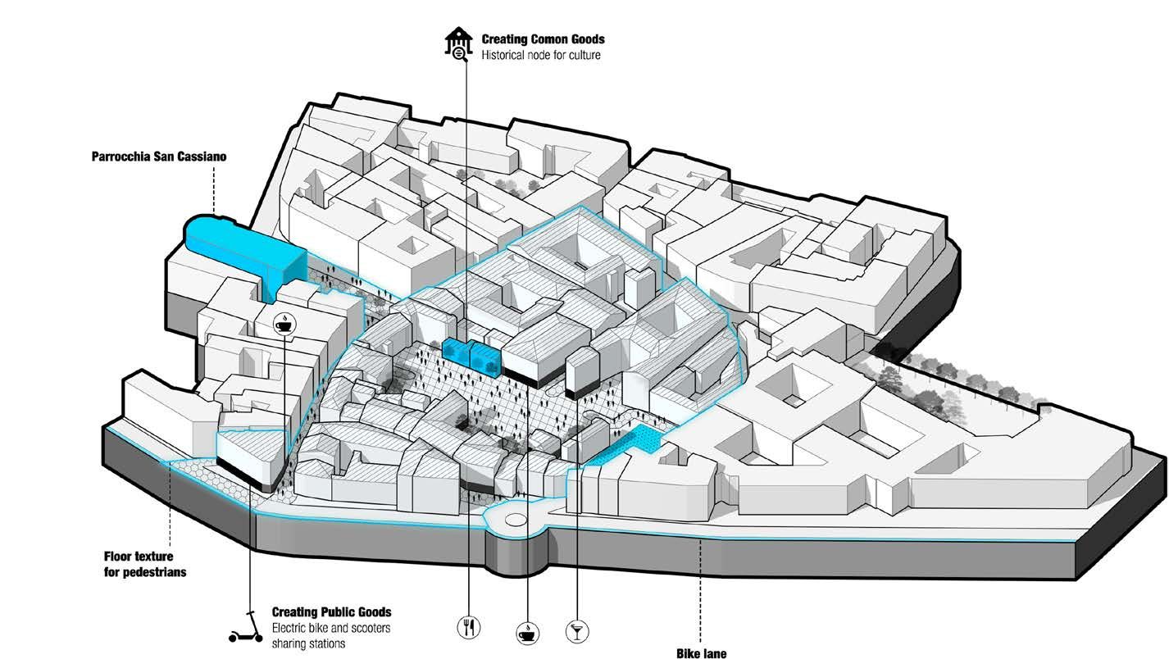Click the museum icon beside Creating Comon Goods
[x=458, y=43]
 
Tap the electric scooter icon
[x=246, y=627]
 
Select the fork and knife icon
[x=469, y=627]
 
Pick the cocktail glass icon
[x=577, y=632]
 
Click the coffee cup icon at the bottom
[x=528, y=634]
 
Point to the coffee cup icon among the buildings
[x=285, y=324]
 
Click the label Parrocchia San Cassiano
[x=159, y=157]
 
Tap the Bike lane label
[x=702, y=653]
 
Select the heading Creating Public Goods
[x=331, y=612]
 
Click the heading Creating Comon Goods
[x=544, y=39]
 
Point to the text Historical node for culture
[x=541, y=55]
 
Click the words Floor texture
[x=139, y=557]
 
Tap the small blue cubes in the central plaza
[x=471, y=357]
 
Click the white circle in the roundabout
[x=516, y=519]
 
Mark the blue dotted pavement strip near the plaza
[x=622, y=444]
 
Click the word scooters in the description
[x=370, y=628]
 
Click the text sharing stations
[x=308, y=644]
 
